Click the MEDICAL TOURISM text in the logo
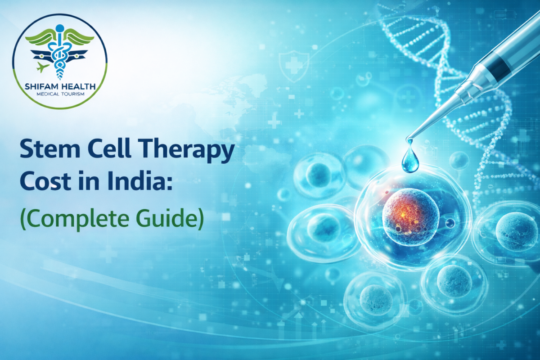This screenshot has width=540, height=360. pos(59,94)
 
